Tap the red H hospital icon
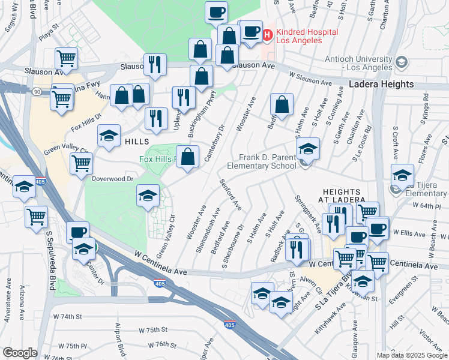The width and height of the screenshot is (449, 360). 267,35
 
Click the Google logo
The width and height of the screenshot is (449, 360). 20,353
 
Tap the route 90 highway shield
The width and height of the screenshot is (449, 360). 37,92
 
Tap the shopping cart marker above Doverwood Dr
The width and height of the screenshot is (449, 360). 81,163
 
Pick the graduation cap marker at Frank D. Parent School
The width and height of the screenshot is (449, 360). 308,148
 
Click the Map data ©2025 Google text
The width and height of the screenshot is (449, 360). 411,355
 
